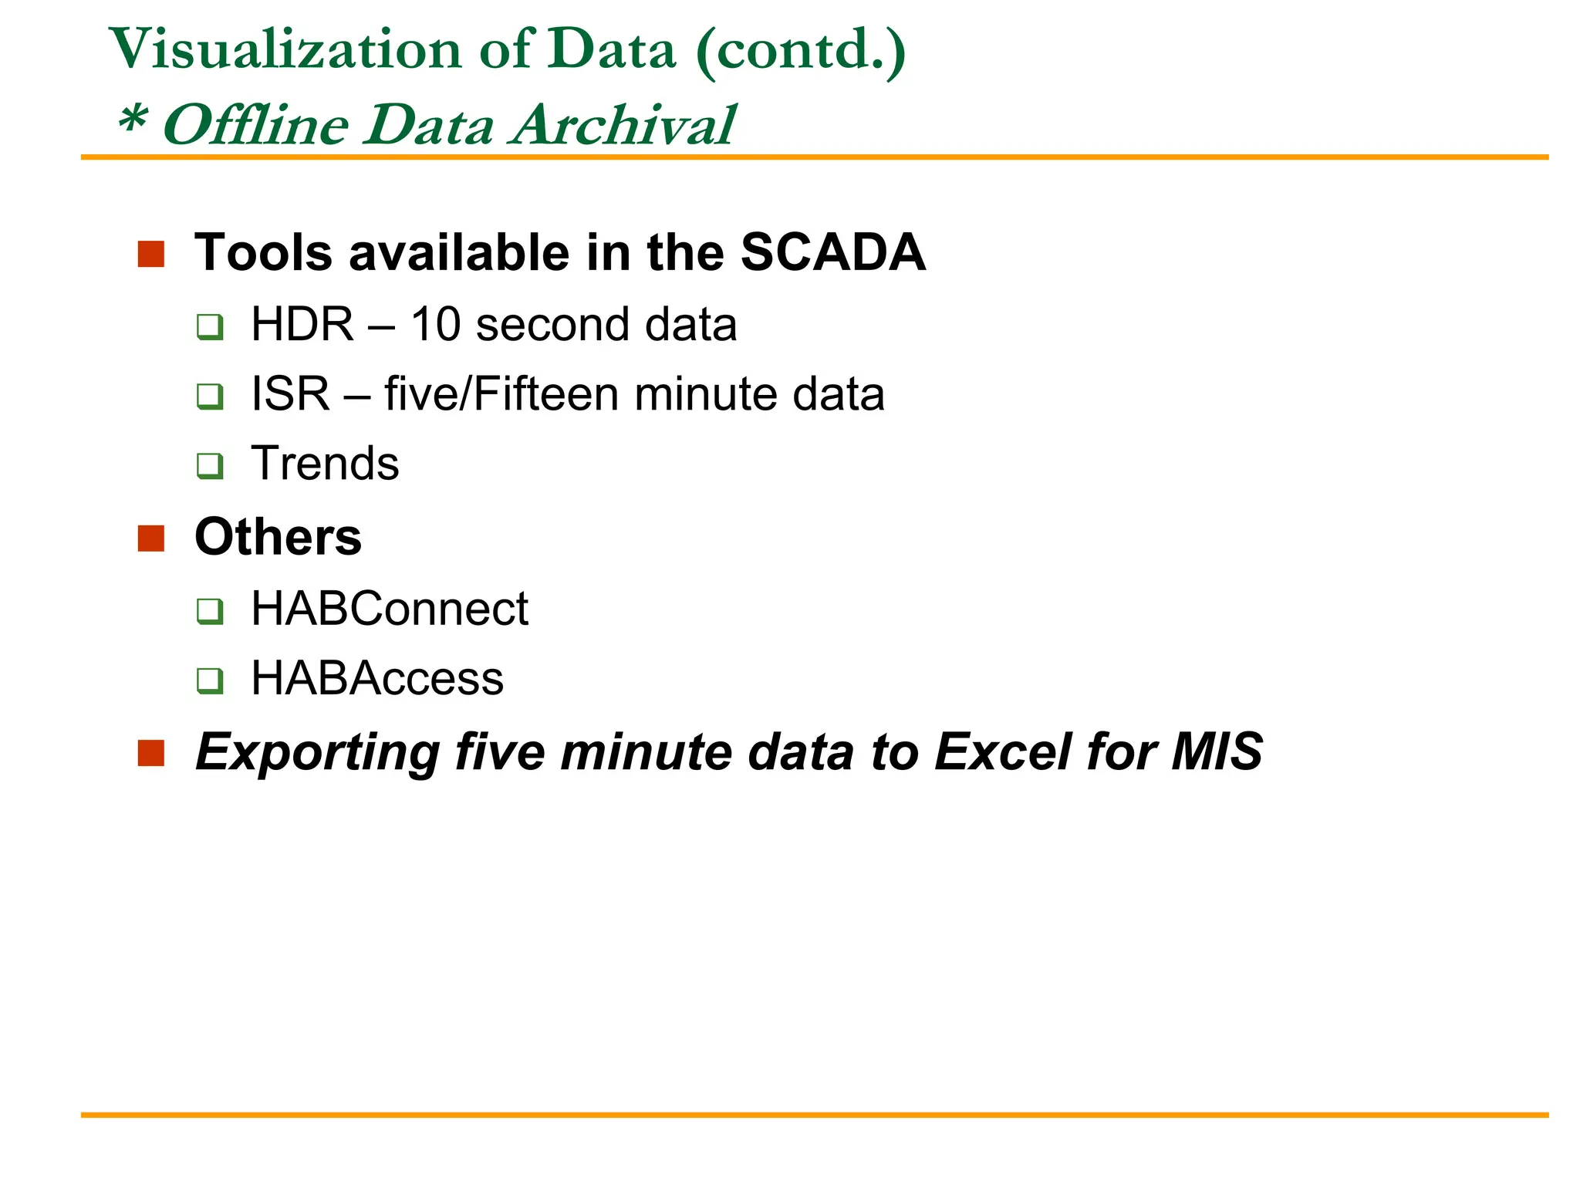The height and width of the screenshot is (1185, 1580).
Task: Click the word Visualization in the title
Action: tap(285, 49)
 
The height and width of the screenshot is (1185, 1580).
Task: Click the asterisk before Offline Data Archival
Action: tap(132, 120)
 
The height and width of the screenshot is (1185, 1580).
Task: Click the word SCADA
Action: tap(832, 252)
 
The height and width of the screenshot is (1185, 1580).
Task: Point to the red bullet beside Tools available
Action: tap(151, 254)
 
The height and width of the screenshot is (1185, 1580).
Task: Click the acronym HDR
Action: tap(302, 324)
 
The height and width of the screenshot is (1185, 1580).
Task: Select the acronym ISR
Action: tap(290, 393)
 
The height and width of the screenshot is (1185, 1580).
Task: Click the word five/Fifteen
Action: tap(501, 393)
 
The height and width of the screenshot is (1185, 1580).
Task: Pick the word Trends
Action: tap(325, 463)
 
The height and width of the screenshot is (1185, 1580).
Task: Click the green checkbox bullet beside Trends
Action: tap(210, 466)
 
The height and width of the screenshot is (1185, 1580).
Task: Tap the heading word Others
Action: tap(278, 537)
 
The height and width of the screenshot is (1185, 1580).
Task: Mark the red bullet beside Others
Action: tap(151, 538)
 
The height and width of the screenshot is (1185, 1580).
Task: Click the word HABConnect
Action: tap(390, 609)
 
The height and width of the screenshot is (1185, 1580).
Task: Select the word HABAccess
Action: tap(377, 678)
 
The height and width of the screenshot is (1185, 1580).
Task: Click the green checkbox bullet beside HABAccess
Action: tap(210, 680)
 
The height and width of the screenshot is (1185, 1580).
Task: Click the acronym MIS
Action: tap(1217, 751)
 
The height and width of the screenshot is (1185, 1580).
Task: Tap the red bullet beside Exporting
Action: tap(151, 753)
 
